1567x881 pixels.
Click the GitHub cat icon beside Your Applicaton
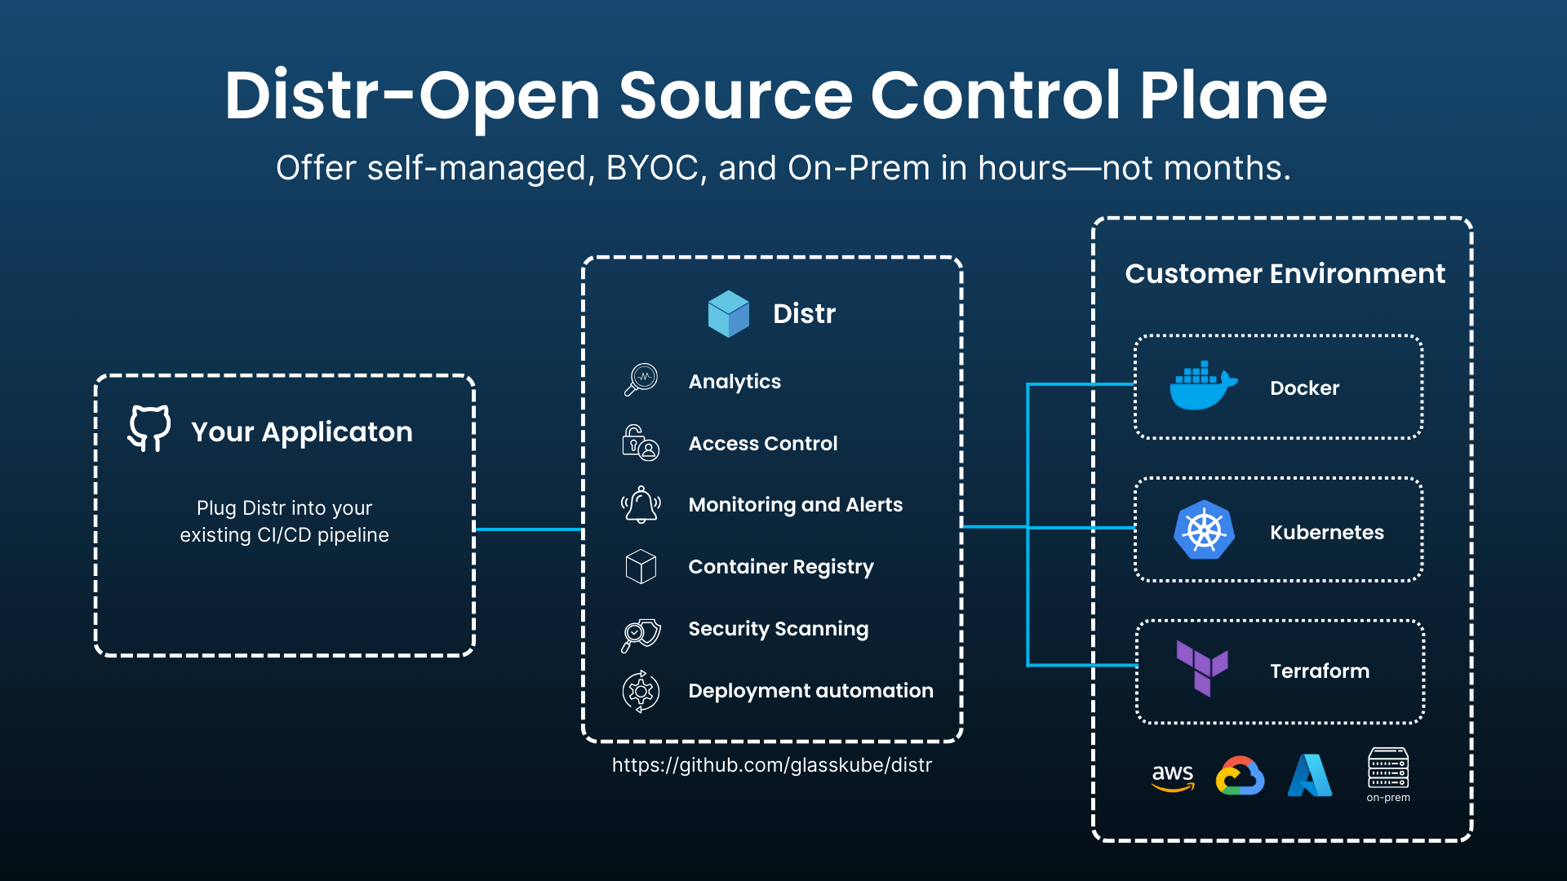click(149, 428)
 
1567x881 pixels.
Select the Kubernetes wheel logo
click(1204, 530)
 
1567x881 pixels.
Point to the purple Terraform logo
click(1201, 668)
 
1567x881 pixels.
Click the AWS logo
click(1173, 777)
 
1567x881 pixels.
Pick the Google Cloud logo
click(1240, 776)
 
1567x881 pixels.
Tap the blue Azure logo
click(1309, 776)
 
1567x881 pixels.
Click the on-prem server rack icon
click(1387, 768)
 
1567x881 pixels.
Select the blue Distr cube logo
click(728, 314)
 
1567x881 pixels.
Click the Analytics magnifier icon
click(641, 380)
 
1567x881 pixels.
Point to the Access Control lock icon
click(641, 443)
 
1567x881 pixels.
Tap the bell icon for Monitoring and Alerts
click(641, 504)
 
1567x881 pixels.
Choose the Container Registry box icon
click(641, 566)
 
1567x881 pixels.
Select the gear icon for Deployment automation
click(641, 692)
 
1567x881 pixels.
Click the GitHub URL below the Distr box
click(771, 765)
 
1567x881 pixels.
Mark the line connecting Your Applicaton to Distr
click(528, 529)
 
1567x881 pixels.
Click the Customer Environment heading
click(1285, 274)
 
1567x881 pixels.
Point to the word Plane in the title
click(1233, 96)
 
